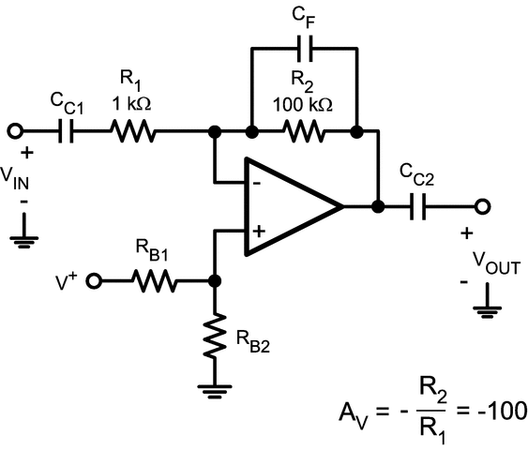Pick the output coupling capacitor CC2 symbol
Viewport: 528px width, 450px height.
click(421, 206)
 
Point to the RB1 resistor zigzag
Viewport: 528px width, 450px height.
click(154, 280)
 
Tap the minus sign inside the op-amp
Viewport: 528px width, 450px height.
click(254, 184)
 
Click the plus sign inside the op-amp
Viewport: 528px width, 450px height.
click(254, 229)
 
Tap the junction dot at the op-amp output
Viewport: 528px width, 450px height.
click(377, 206)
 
